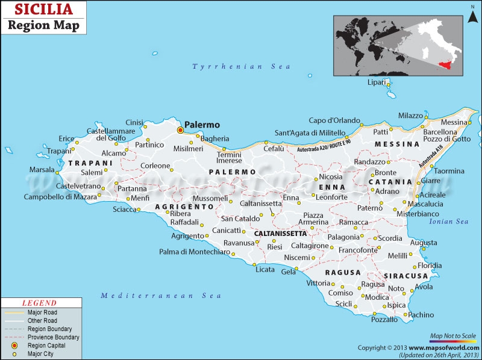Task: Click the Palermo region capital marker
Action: tap(180, 129)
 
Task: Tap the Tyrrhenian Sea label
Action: tap(233, 67)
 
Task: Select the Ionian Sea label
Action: tap(448, 222)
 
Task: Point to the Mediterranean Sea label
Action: tap(161, 296)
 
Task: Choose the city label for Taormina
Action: tap(449, 171)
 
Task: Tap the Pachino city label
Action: tap(421, 314)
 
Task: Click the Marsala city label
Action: tap(42, 170)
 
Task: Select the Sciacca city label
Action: tap(125, 209)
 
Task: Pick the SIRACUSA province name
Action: tap(408, 276)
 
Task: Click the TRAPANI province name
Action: tap(90, 163)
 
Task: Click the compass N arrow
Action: tap(473, 8)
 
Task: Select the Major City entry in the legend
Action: tap(40, 354)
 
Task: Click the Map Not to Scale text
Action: tap(453, 335)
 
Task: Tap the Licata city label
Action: tap(264, 269)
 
